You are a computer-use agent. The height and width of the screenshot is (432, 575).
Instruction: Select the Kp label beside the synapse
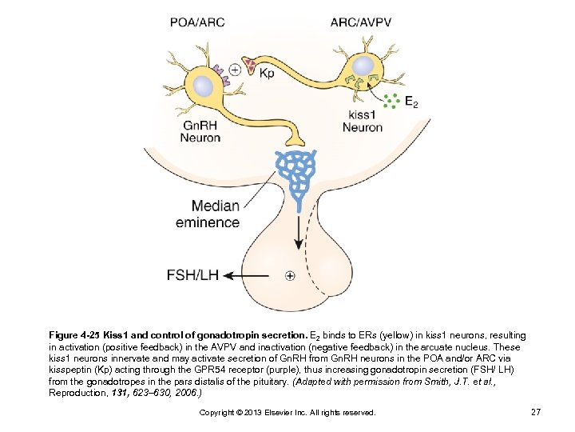(x=267, y=73)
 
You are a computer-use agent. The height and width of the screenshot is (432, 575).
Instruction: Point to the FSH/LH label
(x=192, y=275)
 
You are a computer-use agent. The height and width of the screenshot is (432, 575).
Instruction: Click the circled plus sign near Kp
(x=236, y=69)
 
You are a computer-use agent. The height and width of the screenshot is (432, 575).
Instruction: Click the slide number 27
(x=536, y=411)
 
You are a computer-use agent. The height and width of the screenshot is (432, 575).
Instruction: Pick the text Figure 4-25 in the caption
(x=78, y=335)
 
